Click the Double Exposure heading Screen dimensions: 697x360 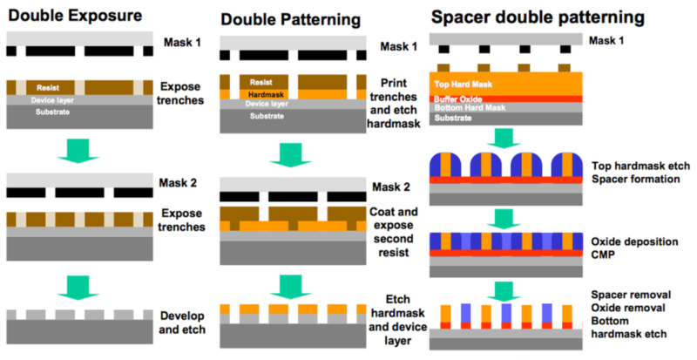pyautogui.click(x=75, y=15)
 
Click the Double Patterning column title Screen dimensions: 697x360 pyautogui.click(x=291, y=19)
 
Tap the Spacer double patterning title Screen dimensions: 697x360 pyautogui.click(x=538, y=17)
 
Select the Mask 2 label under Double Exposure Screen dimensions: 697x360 pyautogui.click(x=178, y=183)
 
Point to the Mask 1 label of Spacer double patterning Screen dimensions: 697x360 pyautogui.click(x=606, y=40)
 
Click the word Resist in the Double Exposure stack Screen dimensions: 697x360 pyautogui.click(x=48, y=88)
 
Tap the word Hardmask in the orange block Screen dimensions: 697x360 pyautogui.click(x=267, y=95)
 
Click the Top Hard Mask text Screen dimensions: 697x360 pyautogui.click(x=464, y=84)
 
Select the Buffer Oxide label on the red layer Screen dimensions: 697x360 pyautogui.click(x=458, y=99)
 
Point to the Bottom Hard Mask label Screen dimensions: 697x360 pyautogui.click(x=470, y=108)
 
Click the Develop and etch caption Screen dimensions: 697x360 pyautogui.click(x=182, y=323)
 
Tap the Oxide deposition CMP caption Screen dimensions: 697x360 pyautogui.click(x=634, y=248)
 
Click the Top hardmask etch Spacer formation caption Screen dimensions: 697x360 pyautogui.click(x=640, y=173)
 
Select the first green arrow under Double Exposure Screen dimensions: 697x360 pyautogui.click(x=78, y=151)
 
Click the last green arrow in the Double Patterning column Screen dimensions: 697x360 pyautogui.click(x=291, y=287)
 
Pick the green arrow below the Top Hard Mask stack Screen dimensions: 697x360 pyautogui.click(x=504, y=139)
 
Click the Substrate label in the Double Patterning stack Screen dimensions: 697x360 pyautogui.click(x=267, y=116)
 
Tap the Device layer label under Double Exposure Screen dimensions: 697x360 pyautogui.click(x=52, y=100)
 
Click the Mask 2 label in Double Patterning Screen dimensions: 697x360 pyautogui.click(x=391, y=187)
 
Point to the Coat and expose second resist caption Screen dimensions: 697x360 pyautogui.click(x=394, y=232)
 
